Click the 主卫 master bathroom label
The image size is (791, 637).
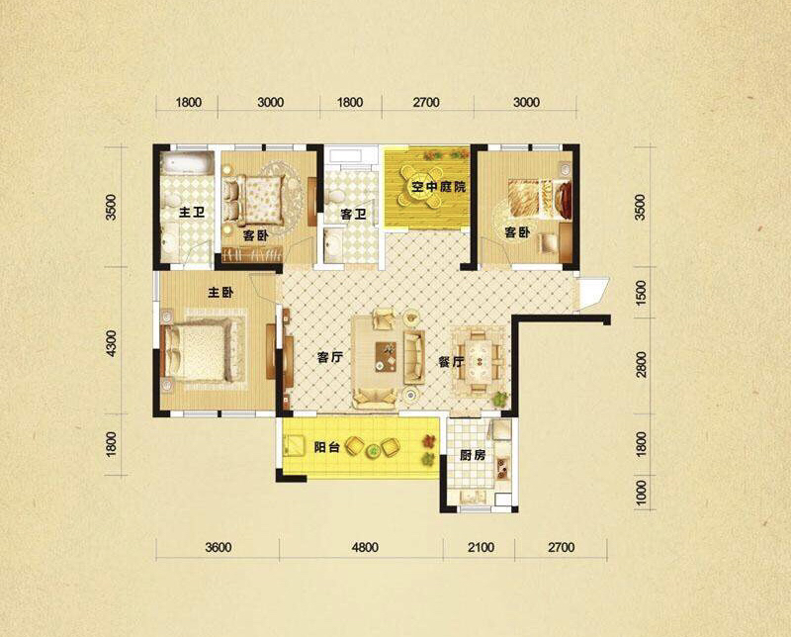coord(192,213)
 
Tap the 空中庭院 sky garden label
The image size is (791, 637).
coord(438,187)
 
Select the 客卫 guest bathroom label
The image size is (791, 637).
coord(353,215)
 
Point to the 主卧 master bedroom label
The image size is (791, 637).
coord(220,292)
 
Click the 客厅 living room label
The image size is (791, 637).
coord(330,358)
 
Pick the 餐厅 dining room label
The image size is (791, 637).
coord(451,362)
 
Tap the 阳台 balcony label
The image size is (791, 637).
coord(326,447)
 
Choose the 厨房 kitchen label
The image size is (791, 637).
coord(473,455)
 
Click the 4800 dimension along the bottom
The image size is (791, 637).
coord(365,547)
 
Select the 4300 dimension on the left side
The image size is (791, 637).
coord(111,344)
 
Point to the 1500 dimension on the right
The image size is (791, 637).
coord(641,293)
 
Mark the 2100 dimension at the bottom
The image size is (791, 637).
coord(481,547)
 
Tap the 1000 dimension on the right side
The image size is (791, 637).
coord(641,494)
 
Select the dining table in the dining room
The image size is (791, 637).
coord(478,361)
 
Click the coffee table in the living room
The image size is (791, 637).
coord(386,357)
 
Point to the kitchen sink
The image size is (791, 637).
coord(503,468)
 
